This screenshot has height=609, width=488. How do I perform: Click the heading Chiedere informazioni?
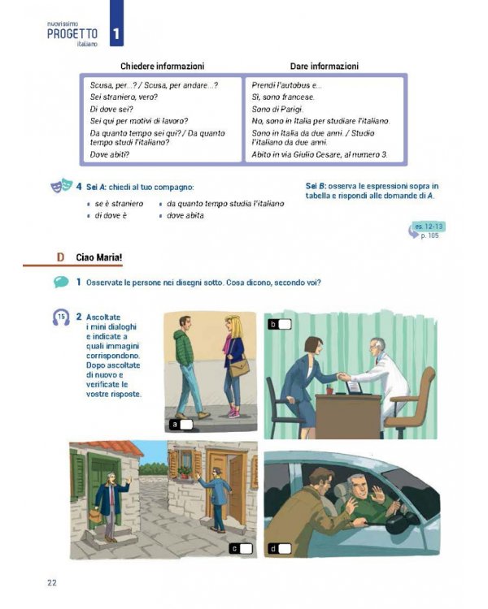click(x=162, y=66)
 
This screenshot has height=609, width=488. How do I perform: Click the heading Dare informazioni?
click(x=324, y=66)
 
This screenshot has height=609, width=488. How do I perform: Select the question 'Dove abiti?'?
click(x=110, y=154)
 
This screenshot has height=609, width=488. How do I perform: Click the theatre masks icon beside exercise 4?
click(x=60, y=188)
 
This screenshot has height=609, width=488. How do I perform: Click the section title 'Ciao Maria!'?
click(x=98, y=257)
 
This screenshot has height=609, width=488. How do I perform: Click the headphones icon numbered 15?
click(x=60, y=317)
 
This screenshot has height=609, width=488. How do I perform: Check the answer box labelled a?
click(x=186, y=424)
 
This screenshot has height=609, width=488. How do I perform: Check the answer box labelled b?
click(x=284, y=324)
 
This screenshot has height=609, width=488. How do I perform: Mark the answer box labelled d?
click(x=285, y=548)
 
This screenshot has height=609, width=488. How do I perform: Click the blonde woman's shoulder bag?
click(x=240, y=368)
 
